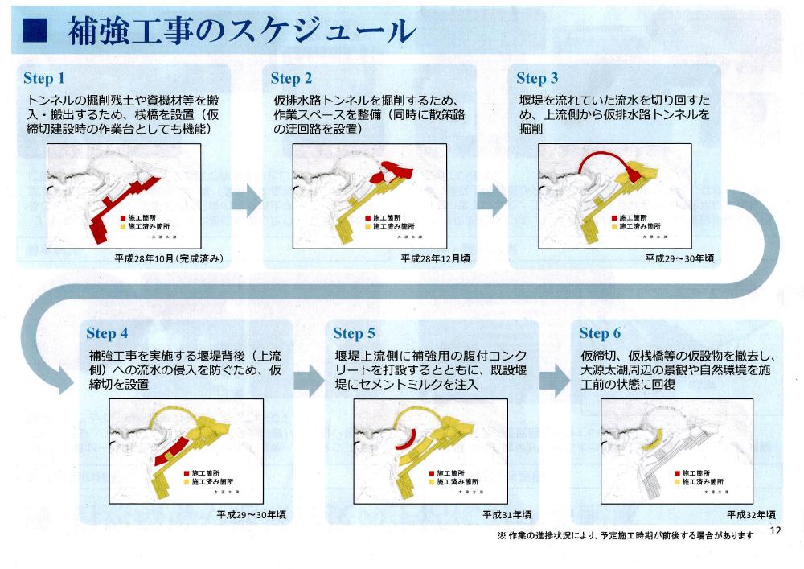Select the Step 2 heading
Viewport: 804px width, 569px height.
pos(291,78)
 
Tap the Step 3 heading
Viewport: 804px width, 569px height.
pos(537,78)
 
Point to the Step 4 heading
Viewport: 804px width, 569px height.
pos(107,333)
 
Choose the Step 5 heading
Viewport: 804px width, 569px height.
pos(354,333)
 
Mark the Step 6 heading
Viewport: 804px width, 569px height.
pos(600,333)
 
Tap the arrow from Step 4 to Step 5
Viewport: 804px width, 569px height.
pos(310,377)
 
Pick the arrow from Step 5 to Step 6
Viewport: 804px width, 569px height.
pos(556,377)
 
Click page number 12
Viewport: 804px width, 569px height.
pos(775,531)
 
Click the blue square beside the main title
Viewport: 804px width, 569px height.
pos(33,30)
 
